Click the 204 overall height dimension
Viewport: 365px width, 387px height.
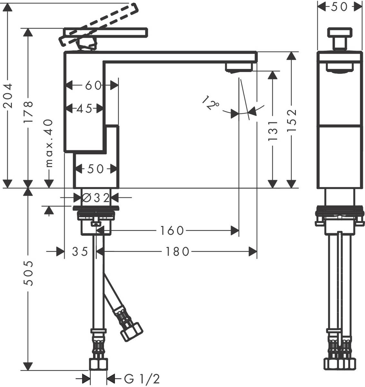[x=8, y=96]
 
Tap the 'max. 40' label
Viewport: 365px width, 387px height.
[x=49, y=143]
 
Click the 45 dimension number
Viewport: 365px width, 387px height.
[x=84, y=108]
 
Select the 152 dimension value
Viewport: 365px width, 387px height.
[x=292, y=120]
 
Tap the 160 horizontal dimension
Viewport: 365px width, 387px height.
[x=172, y=231]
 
